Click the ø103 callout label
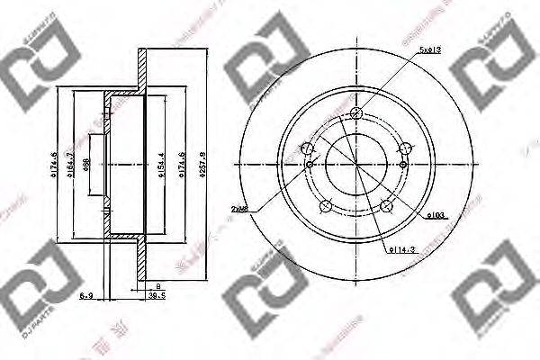tap(438, 215)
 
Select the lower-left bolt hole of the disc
tap(325, 204)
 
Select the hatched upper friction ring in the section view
tap(141, 67)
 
